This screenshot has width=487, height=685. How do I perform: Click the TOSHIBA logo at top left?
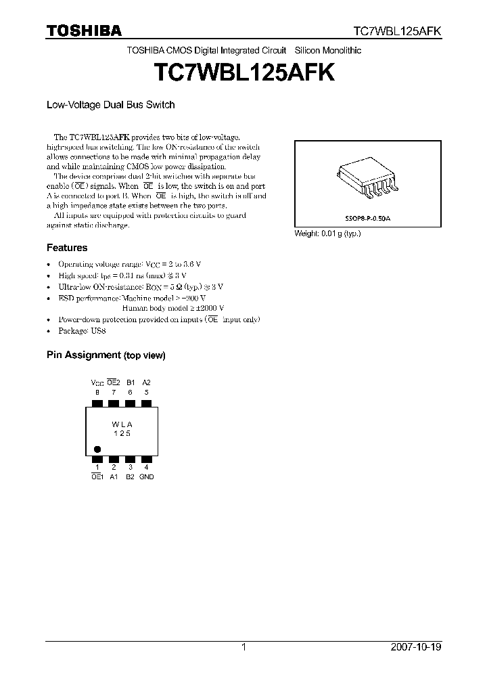84,30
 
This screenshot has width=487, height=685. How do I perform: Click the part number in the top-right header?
398,31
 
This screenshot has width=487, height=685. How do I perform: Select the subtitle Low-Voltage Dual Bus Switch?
110,105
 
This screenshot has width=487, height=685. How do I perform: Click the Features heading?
67,248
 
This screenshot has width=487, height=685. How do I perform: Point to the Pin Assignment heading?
106,355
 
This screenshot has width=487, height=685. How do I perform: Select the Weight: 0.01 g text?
327,234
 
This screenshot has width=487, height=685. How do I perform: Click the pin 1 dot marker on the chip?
97,449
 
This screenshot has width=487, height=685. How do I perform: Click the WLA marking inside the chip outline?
122,424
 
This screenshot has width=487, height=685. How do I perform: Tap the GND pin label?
146,477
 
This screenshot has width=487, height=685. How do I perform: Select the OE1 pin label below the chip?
97,477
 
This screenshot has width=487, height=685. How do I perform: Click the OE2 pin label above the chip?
114,382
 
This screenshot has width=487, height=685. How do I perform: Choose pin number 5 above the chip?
146,391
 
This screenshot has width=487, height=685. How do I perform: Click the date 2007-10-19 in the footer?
416,647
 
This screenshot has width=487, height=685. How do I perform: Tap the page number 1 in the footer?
243,647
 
